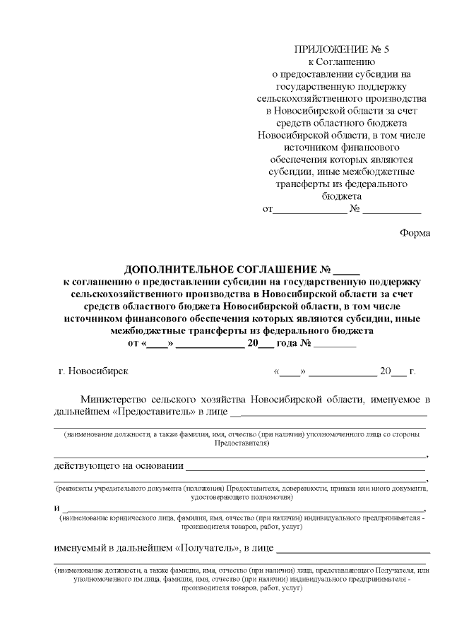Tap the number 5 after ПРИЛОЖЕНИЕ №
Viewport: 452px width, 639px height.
386,49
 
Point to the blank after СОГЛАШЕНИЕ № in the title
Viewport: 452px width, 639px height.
347,272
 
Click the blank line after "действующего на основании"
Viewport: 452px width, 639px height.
306,467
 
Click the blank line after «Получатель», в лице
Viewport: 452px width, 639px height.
354,549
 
